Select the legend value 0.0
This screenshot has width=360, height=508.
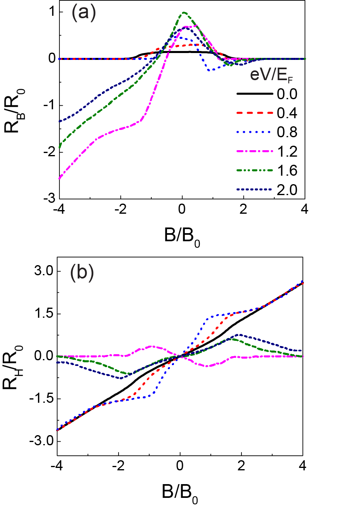pos(287,95)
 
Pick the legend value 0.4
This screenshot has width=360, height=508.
pos(287,114)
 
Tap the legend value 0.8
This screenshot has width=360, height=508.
pos(287,133)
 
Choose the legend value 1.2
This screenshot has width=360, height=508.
pos(287,152)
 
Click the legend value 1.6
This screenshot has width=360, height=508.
pos(287,171)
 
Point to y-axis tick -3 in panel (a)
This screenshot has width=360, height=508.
pos(49,199)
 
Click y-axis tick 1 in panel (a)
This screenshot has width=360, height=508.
pos(51,12)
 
